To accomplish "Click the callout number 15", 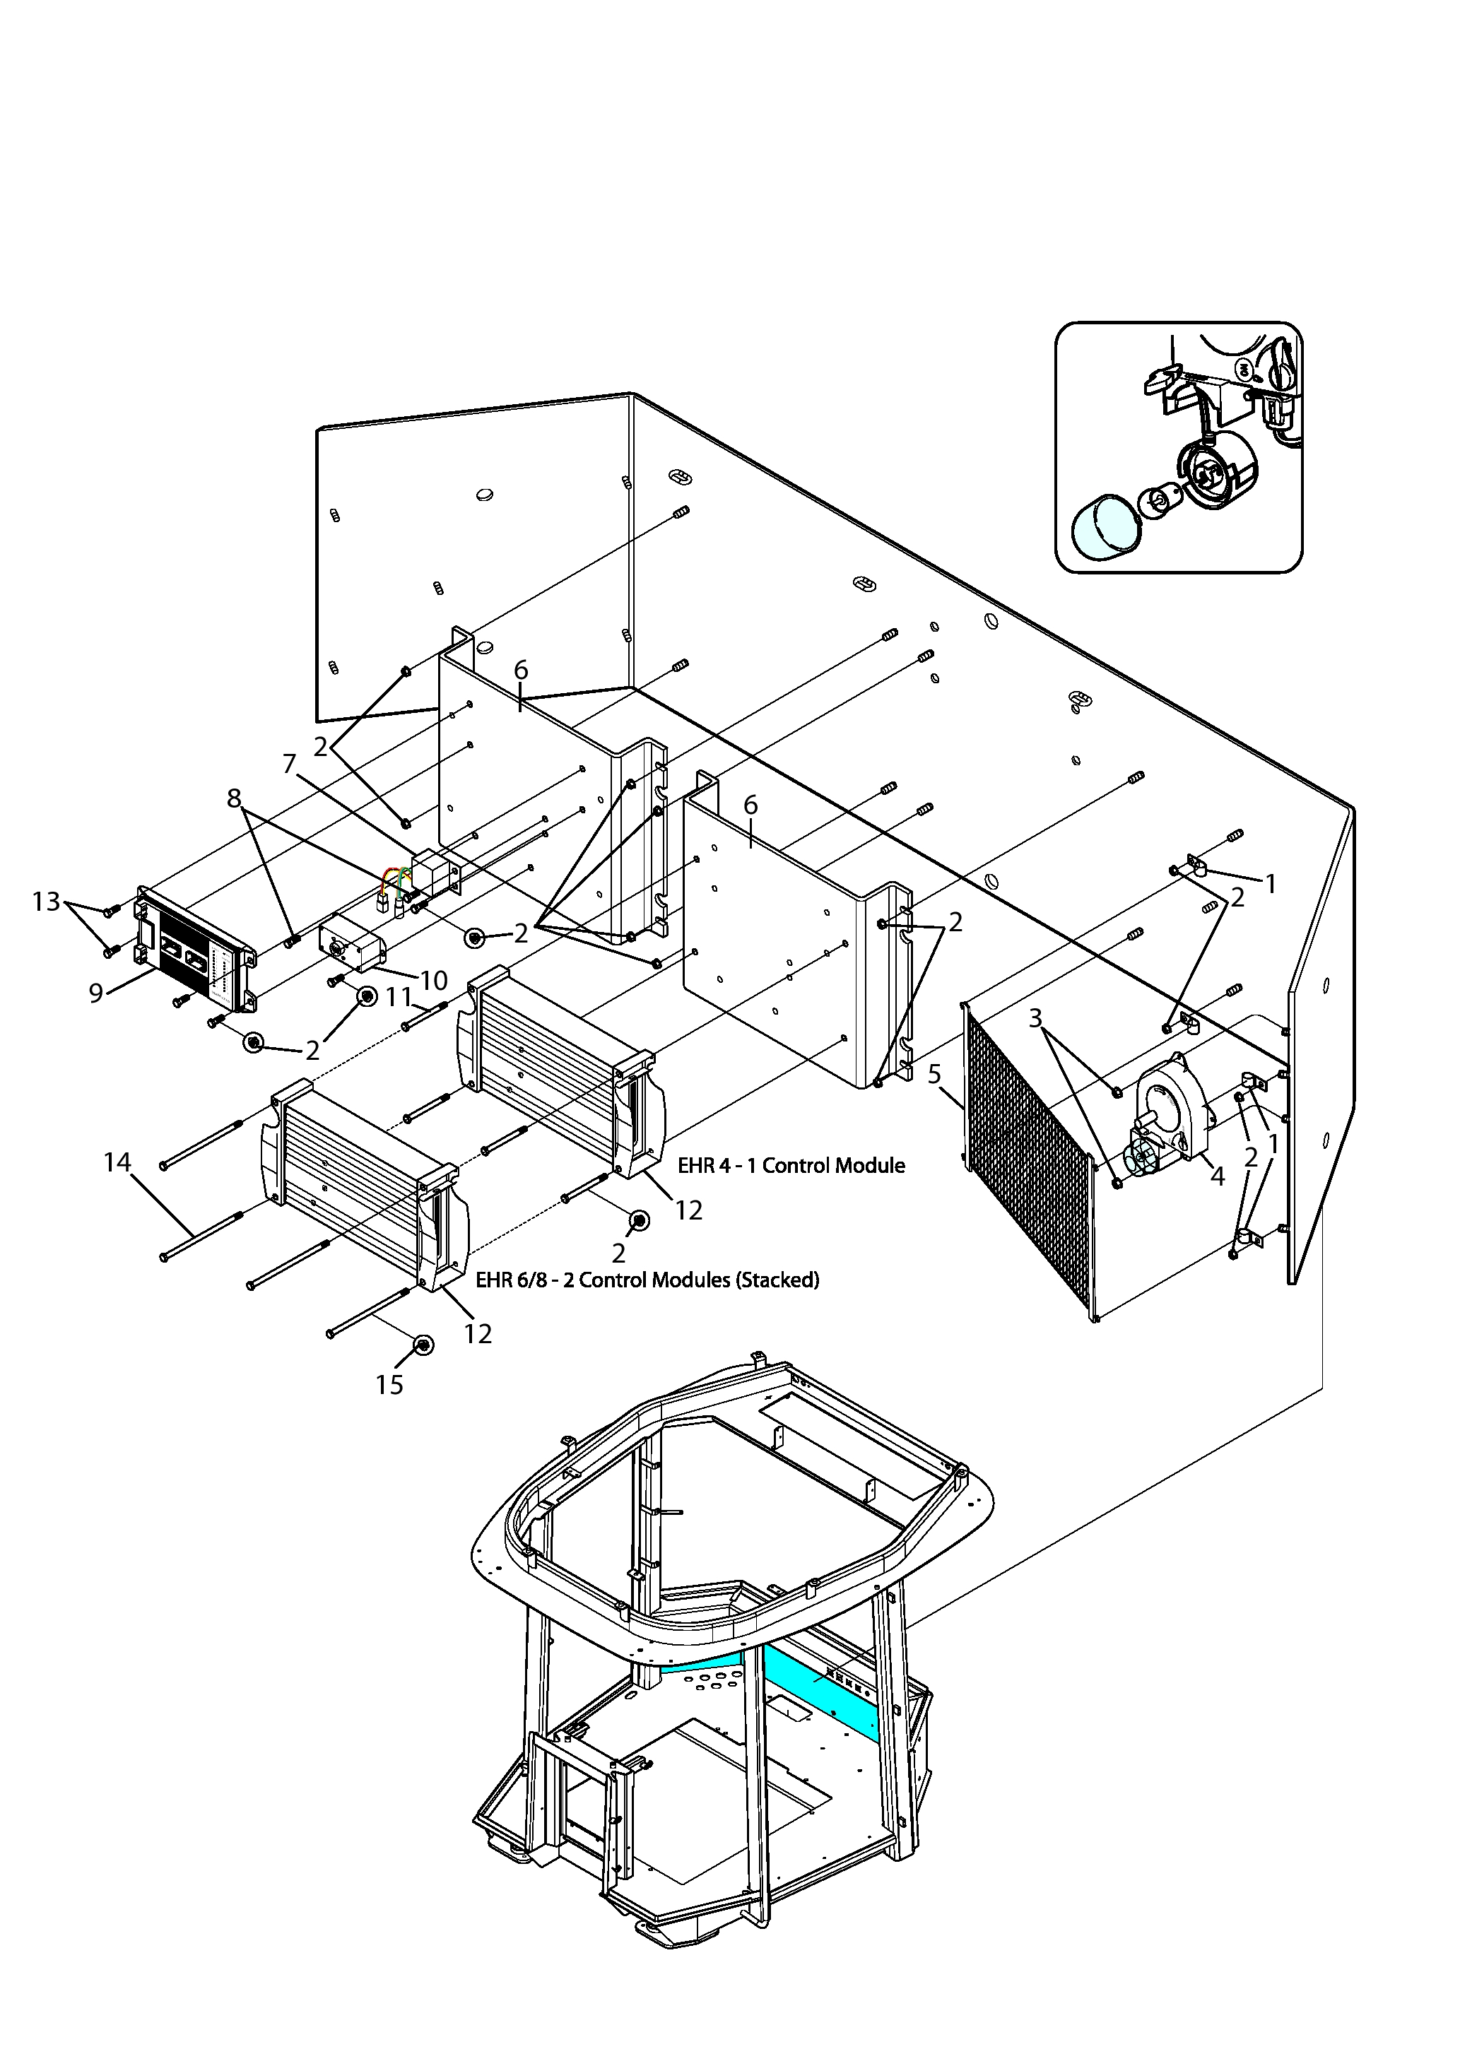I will pyautogui.click(x=389, y=1385).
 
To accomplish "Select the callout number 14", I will pyautogui.click(x=117, y=1162).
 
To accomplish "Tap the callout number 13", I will pyautogui.click(x=46, y=901).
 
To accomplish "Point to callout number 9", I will pyautogui.click(x=96, y=993).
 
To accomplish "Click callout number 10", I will pyautogui.click(x=434, y=979).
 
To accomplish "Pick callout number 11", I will pyautogui.click(x=399, y=997).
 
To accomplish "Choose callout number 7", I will pyautogui.click(x=289, y=764).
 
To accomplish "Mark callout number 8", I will pyautogui.click(x=234, y=798).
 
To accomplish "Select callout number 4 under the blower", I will pyautogui.click(x=1218, y=1176).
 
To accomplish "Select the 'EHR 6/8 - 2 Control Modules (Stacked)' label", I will pyautogui.click(x=647, y=1280).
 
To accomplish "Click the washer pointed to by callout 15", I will pyautogui.click(x=422, y=1345).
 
